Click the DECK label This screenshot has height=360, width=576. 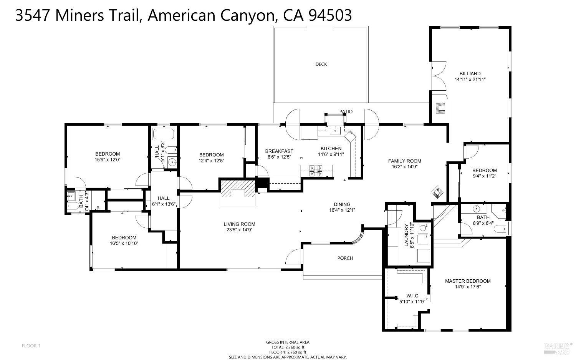pos(321,64)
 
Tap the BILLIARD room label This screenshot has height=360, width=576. pos(470,74)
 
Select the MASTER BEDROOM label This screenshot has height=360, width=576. pos(468,281)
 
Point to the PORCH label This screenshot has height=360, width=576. pos(345,258)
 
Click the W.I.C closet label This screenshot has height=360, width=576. pos(412,296)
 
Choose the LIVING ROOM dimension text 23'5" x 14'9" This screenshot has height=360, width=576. pos(239,230)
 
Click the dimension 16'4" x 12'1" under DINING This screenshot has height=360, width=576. pos(342,210)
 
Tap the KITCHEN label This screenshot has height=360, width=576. pos(331,148)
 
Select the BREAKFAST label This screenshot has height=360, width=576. pos(279,151)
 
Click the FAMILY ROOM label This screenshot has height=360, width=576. pos(404,161)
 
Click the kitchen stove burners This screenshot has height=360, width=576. pos(316,171)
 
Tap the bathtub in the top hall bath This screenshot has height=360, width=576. pos(164,134)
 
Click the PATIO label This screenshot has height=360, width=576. pos(346,112)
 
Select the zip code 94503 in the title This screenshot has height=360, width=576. pos(330,15)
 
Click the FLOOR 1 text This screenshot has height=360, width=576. pos(31,346)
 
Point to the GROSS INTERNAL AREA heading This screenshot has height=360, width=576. pos(288,342)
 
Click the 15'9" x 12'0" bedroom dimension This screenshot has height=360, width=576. pos(108,159)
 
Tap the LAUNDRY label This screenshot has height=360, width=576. pos(407,235)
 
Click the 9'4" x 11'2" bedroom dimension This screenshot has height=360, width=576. pos(485,176)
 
